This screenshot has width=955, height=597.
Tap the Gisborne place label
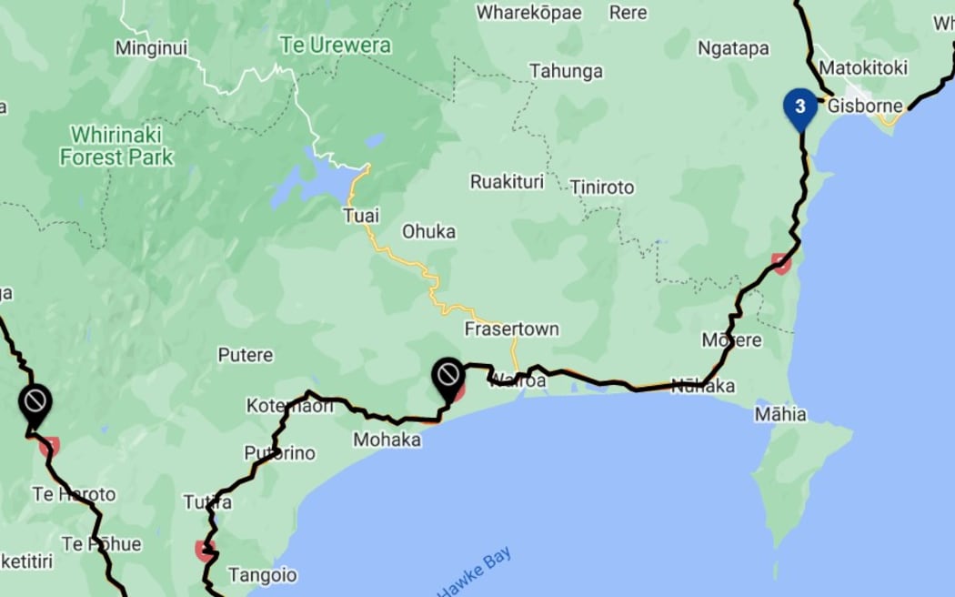pos(865,106)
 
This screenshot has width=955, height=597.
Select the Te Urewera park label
pos(336,45)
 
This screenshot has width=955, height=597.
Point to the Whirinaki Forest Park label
pos(116,146)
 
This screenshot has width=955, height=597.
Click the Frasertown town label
pos(511,329)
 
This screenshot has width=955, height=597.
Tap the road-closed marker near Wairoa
pos(448,375)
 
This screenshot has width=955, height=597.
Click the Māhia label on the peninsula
pos(780,415)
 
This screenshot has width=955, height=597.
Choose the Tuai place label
pos(360,216)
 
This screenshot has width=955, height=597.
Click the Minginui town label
pos(151,48)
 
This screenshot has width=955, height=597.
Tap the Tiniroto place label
pos(602,187)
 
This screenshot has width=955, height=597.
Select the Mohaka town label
pos(387,440)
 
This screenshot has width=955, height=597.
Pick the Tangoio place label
pos(262,575)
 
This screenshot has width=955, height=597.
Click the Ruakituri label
pos(507,182)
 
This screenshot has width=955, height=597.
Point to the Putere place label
pos(245,355)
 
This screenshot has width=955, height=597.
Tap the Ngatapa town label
pos(733,48)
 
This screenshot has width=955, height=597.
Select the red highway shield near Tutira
pos(205,550)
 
